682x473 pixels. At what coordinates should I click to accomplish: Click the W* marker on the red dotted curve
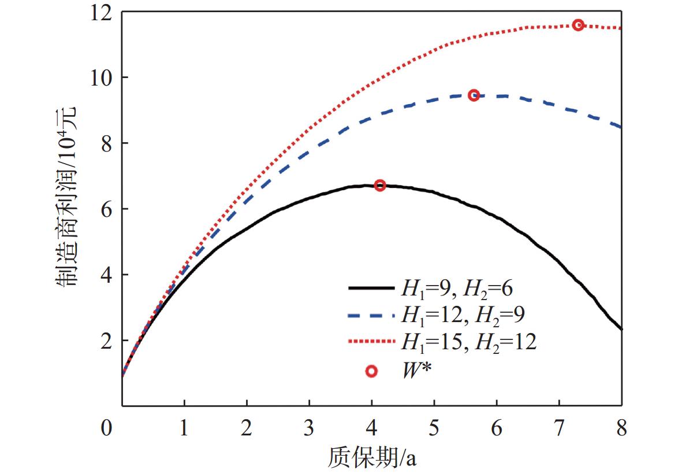coord(578,25)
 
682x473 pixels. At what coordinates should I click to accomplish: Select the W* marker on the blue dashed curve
coord(474,95)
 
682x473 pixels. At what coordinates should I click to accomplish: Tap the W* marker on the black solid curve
coord(380,186)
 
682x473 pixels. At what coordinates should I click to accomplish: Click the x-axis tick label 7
coord(558,429)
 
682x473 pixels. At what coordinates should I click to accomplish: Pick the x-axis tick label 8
coord(621,429)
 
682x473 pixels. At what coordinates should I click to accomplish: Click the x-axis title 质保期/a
coord(372,457)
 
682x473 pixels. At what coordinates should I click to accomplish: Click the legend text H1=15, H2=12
coord(468,342)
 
